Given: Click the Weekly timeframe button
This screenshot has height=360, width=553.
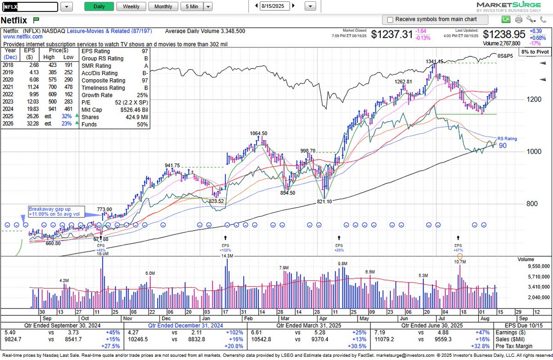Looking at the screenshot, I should click(131, 6).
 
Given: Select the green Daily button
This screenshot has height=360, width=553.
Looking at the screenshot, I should click(99, 6).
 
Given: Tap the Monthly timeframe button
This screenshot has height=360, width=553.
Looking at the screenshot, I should click(163, 6).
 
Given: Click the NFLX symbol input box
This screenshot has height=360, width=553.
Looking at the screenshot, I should click(30, 7).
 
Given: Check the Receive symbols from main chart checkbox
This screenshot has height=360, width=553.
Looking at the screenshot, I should click(390, 20).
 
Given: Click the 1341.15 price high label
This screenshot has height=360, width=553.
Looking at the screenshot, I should click(434, 61).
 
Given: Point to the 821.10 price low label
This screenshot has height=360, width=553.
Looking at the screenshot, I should click(324, 201).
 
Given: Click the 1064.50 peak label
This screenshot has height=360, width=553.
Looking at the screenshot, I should click(259, 133).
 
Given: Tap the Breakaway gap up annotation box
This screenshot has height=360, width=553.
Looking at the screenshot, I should click(56, 211).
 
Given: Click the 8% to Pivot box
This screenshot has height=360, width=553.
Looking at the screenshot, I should click(535, 52).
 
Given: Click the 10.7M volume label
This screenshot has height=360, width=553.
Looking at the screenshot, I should click(459, 262).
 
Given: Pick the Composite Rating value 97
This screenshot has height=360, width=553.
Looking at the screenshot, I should click(145, 80).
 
